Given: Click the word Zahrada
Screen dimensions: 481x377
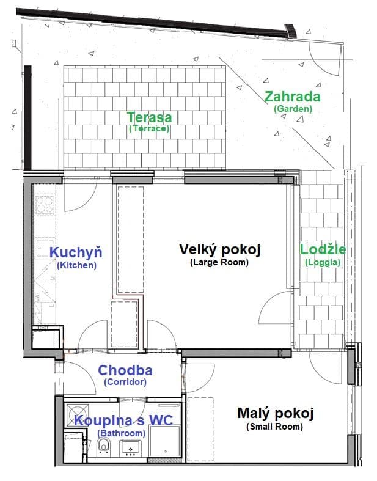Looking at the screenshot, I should (x=292, y=97).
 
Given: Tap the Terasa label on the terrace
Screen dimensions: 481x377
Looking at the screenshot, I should (x=149, y=117).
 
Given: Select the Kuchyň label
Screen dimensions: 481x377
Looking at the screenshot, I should (x=76, y=252).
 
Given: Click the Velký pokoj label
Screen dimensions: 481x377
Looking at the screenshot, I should (x=220, y=249).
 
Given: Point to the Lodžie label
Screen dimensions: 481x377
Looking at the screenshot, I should (x=323, y=249).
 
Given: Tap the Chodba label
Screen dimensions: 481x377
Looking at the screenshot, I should (x=125, y=370).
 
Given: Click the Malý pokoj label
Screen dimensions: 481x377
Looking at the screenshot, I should (x=275, y=414).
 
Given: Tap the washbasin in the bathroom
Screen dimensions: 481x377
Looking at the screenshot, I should (x=130, y=449).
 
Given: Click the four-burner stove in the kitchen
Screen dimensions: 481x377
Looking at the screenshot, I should (x=46, y=204).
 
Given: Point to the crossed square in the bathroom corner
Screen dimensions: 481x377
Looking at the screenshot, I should (x=75, y=410).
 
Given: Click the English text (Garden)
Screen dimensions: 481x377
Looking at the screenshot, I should (x=293, y=108).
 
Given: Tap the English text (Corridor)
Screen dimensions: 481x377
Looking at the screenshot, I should (x=125, y=382).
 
